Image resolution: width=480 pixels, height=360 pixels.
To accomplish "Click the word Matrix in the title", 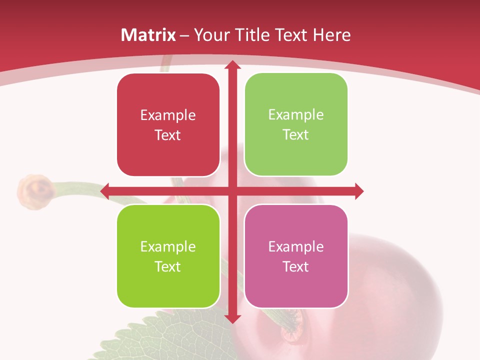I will tap(148, 35).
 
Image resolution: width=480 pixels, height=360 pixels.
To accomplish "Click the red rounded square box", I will tap(168, 125).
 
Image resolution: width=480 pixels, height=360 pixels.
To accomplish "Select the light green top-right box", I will tap(296, 124).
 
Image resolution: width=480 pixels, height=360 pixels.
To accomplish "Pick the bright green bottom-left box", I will tap(168, 256).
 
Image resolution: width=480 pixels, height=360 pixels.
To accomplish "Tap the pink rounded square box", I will tap(296, 256).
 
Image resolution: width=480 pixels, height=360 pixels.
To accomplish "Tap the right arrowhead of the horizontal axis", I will tap(358, 191).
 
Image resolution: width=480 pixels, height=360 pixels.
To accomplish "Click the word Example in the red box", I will tap(168, 115).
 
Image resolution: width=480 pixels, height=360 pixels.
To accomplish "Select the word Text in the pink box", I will tap(296, 266).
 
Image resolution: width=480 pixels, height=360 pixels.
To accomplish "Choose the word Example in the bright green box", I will tap(168, 246).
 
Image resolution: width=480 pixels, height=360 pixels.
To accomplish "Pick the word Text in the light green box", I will tap(296, 135).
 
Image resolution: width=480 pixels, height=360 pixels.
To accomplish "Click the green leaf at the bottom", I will tap(170, 340).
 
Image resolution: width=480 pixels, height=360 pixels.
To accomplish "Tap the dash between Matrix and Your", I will tap(184, 35).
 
